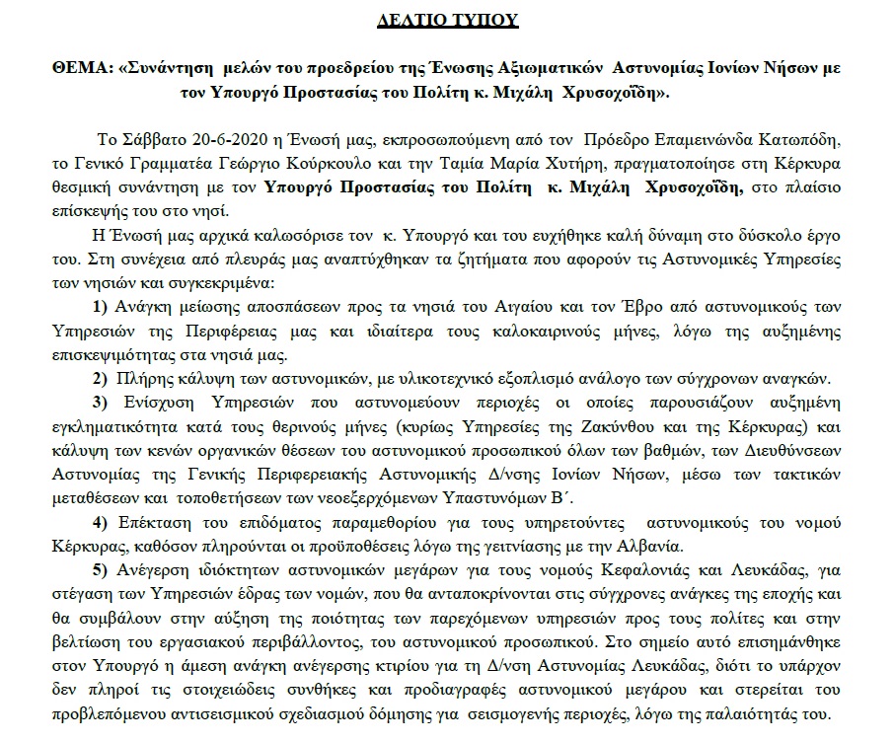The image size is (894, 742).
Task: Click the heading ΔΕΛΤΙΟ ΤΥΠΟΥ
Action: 446,19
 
